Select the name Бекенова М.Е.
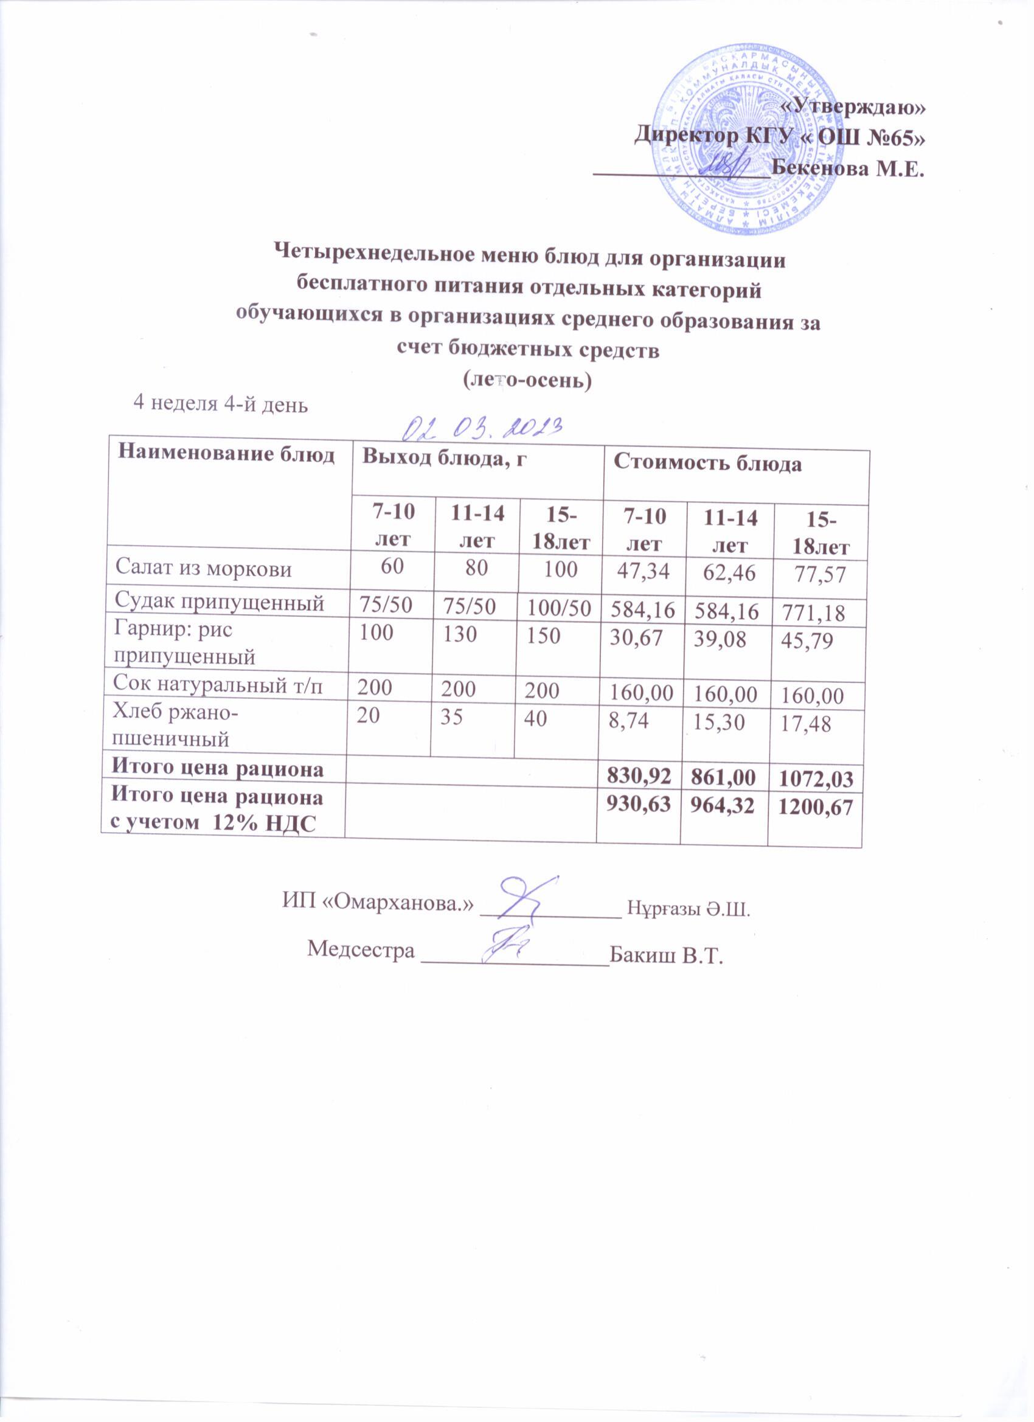pyautogui.click(x=848, y=168)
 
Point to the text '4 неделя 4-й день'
pyautogui.click(x=221, y=404)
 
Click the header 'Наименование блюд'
pyautogui.click(x=226, y=454)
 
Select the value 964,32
pyautogui.click(x=724, y=806)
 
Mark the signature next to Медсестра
pyautogui.click(x=508, y=952)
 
